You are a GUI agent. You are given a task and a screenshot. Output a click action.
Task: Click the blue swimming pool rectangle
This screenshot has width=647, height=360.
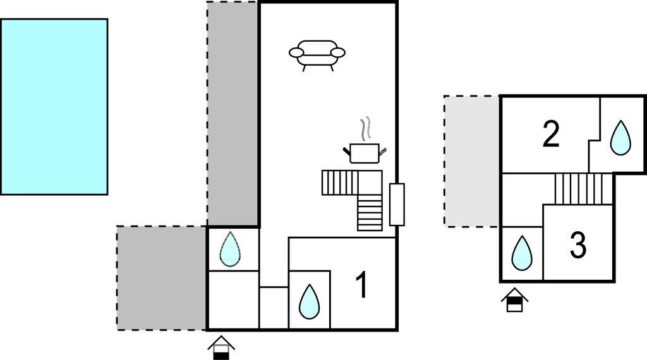tap(54, 106)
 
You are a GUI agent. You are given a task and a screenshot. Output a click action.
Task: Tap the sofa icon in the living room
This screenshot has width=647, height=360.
tap(317, 55)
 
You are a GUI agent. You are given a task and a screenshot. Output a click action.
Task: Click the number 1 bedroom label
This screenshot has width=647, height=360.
tap(361, 285)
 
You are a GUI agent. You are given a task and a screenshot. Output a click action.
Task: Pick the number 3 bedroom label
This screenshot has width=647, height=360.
tap(578, 244)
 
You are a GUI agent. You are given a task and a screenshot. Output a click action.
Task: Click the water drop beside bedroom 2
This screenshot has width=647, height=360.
tap(620, 138)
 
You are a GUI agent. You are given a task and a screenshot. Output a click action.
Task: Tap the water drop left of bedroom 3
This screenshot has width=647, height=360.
tap(522, 252)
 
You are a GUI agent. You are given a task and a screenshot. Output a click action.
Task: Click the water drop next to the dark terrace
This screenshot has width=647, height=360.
tap(230, 249)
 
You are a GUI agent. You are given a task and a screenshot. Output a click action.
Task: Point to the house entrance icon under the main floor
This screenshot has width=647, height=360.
tap(221, 347)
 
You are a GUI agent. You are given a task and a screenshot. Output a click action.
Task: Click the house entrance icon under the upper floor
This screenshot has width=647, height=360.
tap(514, 299)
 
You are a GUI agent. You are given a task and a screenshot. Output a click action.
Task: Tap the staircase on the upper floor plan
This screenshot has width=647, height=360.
tap(584, 189)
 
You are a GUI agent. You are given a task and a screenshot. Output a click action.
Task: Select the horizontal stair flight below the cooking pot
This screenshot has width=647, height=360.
tap(340, 183)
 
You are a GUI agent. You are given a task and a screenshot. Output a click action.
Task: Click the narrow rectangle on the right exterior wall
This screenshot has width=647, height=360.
tap(397, 205)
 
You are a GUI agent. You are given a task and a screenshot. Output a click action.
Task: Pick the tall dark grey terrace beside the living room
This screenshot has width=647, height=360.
tap(233, 114)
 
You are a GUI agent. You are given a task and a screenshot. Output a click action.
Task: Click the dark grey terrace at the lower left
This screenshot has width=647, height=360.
tap(161, 278)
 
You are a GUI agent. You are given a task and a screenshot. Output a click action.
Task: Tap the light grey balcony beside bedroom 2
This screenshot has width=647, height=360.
tap(472, 161)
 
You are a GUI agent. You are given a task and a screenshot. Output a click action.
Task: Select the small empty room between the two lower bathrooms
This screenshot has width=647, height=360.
tap(274, 308)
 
